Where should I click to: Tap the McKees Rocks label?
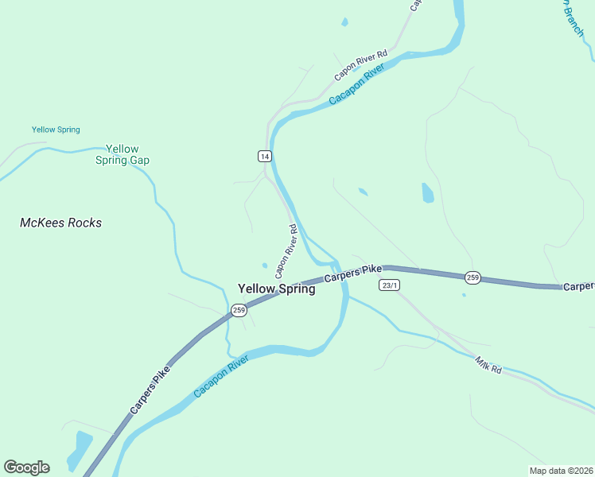[x=60, y=223]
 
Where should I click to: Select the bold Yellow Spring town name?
[x=276, y=289]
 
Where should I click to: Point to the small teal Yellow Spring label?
[x=56, y=130]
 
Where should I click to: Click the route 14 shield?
[x=265, y=156]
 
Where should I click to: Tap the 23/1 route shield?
[x=389, y=285]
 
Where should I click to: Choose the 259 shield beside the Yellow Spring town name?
[x=238, y=309]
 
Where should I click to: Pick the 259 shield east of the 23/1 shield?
[x=472, y=277]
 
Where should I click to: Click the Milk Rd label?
[x=488, y=365]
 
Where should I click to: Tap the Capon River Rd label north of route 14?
[x=360, y=66]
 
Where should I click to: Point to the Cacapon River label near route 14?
[x=356, y=88]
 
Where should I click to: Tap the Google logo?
[x=26, y=467]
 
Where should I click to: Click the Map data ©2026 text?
[x=560, y=470]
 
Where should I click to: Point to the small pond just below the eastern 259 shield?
[x=464, y=295]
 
